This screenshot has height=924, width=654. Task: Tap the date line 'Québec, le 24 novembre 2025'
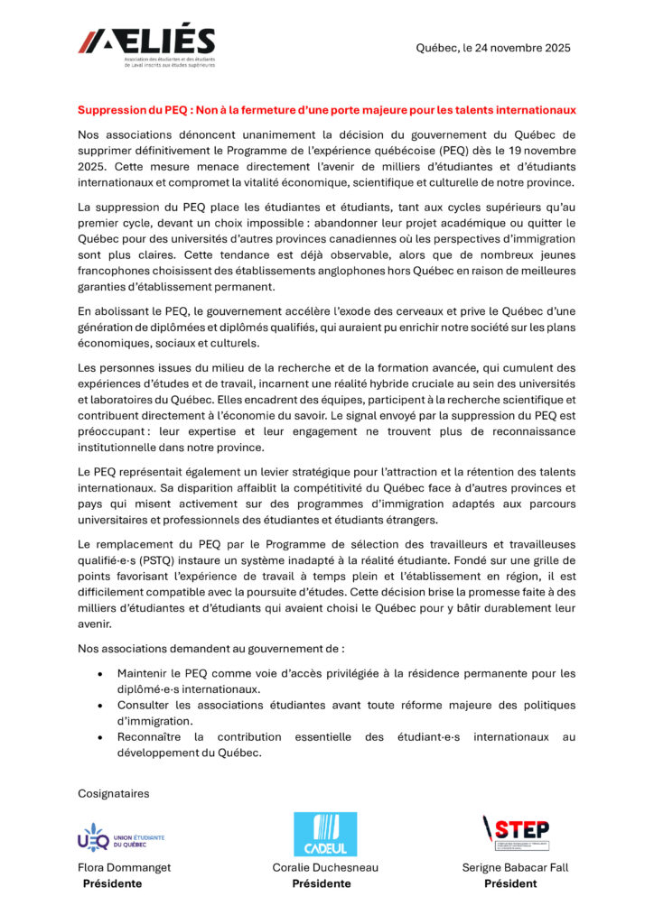pyautogui.click(x=493, y=48)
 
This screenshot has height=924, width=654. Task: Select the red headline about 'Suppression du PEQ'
pyautogui.click(x=326, y=110)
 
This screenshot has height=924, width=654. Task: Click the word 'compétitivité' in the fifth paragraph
pyautogui.click(x=294, y=488)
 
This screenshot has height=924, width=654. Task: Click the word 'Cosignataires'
pyautogui.click(x=113, y=793)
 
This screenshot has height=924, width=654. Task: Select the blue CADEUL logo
pyautogui.click(x=324, y=834)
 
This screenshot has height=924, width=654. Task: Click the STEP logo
pyautogui.click(x=516, y=832)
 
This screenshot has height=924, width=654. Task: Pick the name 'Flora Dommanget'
pyautogui.click(x=124, y=868)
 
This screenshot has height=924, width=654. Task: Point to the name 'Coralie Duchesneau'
pyautogui.click(x=325, y=868)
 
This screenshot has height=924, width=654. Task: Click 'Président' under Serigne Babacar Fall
pyautogui.click(x=509, y=884)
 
